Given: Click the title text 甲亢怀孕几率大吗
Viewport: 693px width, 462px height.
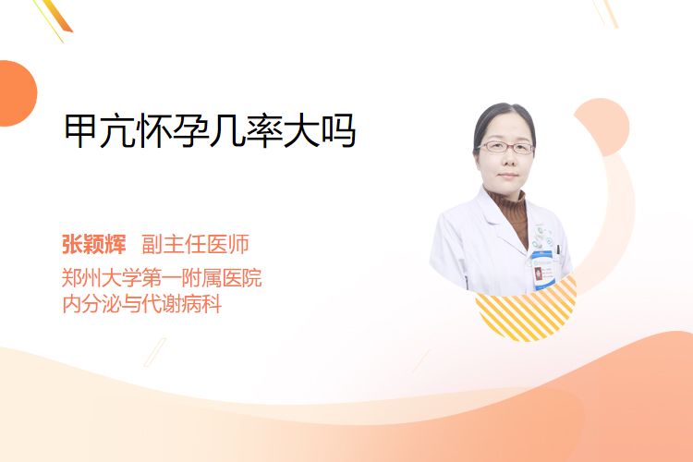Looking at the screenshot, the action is [x=210, y=130].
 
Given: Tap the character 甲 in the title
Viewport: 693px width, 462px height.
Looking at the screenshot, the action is [x=80, y=130].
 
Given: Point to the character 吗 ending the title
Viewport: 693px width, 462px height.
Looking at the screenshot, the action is [x=339, y=130].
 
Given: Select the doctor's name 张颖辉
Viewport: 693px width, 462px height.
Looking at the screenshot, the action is [x=94, y=244].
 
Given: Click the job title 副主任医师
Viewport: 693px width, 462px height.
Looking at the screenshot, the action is [x=195, y=244].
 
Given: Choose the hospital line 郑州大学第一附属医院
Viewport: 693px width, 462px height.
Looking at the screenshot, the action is [x=162, y=277].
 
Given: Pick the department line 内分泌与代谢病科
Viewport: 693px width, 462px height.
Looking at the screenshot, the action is [x=142, y=304].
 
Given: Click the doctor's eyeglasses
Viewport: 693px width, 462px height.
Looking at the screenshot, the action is [x=506, y=147].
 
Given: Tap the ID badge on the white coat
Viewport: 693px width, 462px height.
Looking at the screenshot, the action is [x=541, y=271].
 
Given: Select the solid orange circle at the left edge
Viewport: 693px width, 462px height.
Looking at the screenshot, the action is [x=17, y=93].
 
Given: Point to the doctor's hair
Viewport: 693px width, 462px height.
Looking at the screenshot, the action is [x=504, y=117].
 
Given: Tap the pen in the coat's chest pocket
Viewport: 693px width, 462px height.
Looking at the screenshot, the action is [x=559, y=250].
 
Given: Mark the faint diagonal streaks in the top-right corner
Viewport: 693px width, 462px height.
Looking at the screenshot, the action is [x=605, y=12].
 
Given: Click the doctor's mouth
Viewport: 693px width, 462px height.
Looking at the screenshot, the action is [x=508, y=176].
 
